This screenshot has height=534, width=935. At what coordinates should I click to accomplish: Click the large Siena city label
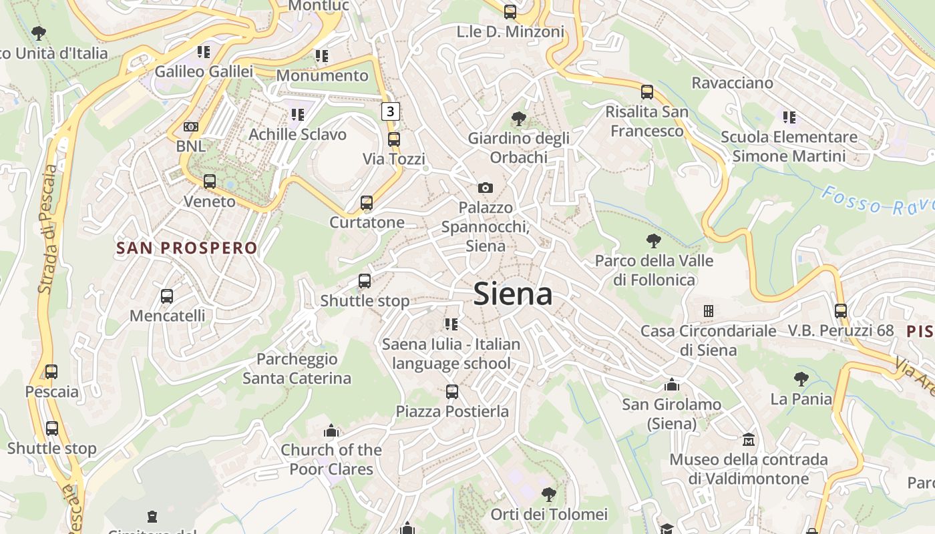point(513,294)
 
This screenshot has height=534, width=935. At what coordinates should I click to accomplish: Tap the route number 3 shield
point(391,111)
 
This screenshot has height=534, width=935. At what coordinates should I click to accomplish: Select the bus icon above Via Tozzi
point(394,140)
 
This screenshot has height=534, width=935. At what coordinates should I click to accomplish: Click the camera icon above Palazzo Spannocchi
point(486,188)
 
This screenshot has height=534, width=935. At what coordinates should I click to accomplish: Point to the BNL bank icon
point(191,127)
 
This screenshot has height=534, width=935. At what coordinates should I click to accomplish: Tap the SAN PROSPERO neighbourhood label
point(187,248)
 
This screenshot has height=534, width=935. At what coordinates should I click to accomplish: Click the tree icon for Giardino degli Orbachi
point(518,119)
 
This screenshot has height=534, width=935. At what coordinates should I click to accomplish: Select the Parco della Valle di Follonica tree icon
point(654,241)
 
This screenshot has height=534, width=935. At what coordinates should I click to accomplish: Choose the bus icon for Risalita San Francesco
point(646,92)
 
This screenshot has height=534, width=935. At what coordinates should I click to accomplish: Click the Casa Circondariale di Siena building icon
point(708,311)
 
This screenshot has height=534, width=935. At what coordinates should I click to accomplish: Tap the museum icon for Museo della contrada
point(749,440)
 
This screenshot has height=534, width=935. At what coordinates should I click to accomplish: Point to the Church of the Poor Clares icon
point(331,431)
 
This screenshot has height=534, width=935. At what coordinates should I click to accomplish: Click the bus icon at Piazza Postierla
point(452,392)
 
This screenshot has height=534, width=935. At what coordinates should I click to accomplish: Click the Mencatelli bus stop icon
point(167,296)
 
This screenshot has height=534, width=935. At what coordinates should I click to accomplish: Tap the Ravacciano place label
point(732,83)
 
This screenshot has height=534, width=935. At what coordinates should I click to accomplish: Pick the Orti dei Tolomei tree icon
point(549,495)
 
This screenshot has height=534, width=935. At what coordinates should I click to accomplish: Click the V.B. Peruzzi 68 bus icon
point(840,311)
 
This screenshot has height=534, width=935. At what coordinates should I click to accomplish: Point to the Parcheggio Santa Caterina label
point(297,368)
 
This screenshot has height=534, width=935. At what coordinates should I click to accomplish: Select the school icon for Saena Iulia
point(451,324)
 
